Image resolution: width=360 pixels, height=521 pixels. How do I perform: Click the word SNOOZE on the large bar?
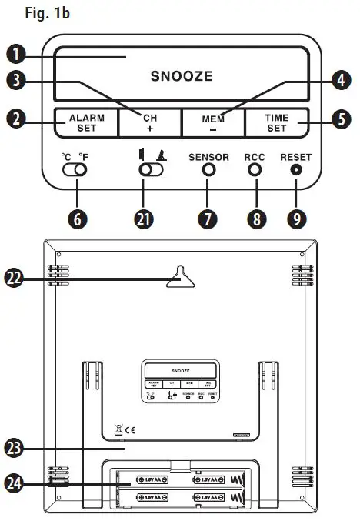click(182, 76)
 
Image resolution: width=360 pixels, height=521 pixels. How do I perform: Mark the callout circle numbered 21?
click(142, 218)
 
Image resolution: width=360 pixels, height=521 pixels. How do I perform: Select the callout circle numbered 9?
click(296, 218)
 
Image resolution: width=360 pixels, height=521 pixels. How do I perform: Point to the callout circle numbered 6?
click(75, 218)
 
